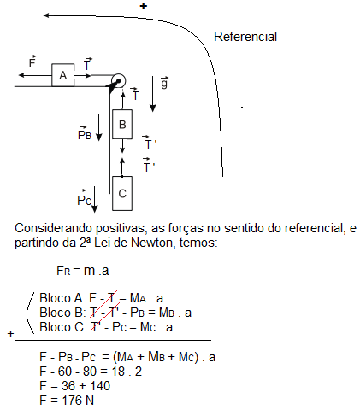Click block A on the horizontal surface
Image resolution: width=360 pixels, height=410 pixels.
point(63,75)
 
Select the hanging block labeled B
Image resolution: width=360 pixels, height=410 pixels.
point(122,125)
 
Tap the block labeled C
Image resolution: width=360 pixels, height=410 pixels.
point(122,194)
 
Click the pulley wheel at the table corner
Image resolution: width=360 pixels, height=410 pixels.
point(118,81)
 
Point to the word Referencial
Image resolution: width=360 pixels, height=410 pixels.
point(245,37)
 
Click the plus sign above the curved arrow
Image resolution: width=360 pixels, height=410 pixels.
point(144,6)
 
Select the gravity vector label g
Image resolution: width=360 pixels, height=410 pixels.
point(164,83)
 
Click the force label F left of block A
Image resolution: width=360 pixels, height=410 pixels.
point(32,61)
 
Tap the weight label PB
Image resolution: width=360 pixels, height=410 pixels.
point(85,133)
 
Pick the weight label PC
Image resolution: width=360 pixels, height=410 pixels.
point(84,198)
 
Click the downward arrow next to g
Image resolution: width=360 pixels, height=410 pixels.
point(153,94)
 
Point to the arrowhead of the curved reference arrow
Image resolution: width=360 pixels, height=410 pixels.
point(46,15)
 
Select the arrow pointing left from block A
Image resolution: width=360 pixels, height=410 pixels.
point(35,75)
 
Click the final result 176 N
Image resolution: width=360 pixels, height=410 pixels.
point(78,401)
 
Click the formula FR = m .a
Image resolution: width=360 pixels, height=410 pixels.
point(83,271)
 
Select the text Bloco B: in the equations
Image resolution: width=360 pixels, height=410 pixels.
point(62,313)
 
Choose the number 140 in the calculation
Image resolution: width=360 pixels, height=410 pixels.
point(100,386)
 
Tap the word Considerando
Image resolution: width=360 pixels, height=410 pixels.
point(53,228)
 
